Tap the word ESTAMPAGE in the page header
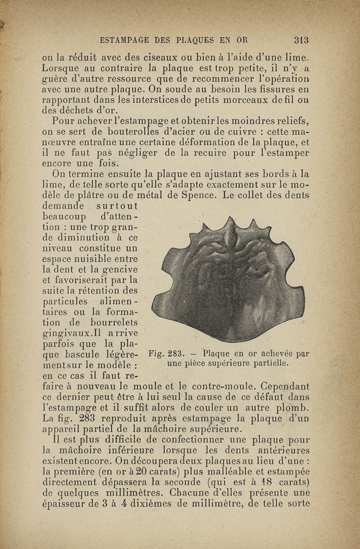[127, 40]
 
